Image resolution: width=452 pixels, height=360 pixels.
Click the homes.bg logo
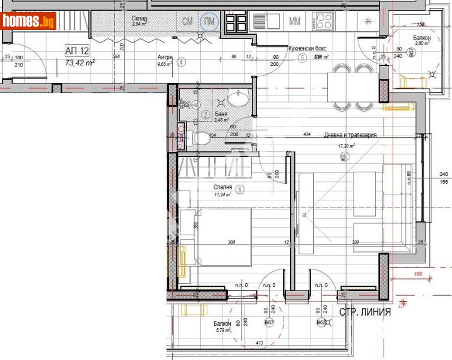coord(29,22)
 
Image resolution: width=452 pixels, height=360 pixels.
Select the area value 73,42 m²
coord(80,62)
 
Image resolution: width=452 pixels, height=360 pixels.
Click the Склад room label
coord(140,19)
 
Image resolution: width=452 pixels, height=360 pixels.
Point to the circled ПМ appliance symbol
coord(209,22)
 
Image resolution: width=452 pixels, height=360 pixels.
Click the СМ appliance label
coord(188,22)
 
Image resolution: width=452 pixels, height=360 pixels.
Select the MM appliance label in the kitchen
coord(295,22)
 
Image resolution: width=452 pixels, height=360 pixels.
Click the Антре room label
coord(165,58)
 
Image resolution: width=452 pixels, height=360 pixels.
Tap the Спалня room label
coord(221,188)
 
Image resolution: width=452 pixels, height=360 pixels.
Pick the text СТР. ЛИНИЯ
coord(365,312)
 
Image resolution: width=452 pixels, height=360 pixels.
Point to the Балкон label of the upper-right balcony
coord(421,37)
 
